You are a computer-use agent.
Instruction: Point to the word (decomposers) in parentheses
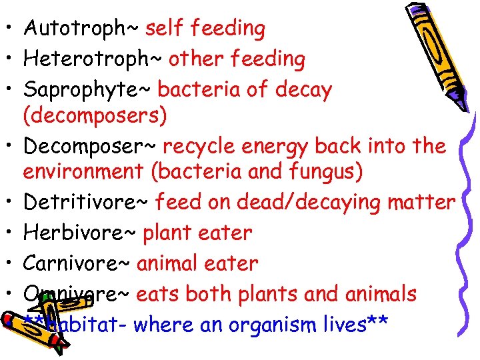coord(95,115)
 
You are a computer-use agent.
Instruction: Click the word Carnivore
coord(74,263)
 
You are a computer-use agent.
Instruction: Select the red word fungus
coord(327,172)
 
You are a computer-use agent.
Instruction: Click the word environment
coord(83,172)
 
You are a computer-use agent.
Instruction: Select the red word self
coord(161,29)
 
